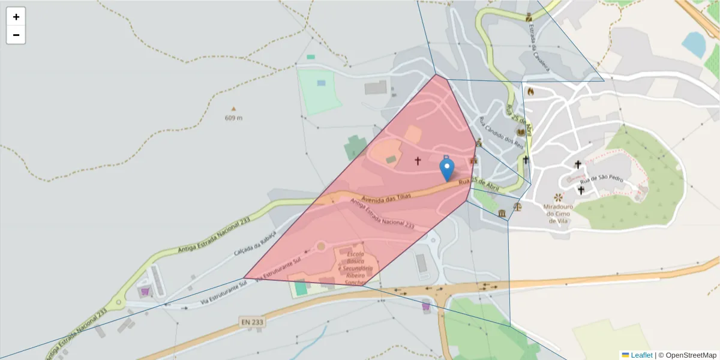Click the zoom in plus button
(x=16, y=17)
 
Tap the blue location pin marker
(x=447, y=169)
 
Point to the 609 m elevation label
(x=233, y=118)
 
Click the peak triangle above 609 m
(x=233, y=109)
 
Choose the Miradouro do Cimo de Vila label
(x=558, y=214)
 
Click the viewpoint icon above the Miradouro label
(x=559, y=197)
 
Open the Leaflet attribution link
(x=641, y=355)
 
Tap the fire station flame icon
(x=530, y=91)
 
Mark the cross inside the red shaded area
(x=418, y=161)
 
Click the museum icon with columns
(x=502, y=214)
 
